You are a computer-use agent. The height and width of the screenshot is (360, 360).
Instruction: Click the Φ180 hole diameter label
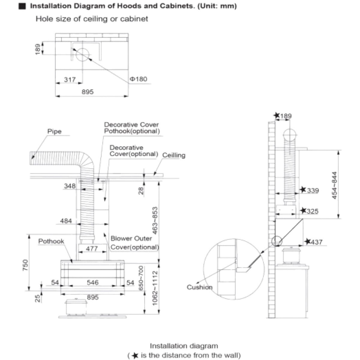138,79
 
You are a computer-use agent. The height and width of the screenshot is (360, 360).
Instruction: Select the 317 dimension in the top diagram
70,79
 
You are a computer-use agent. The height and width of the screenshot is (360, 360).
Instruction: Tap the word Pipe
54,131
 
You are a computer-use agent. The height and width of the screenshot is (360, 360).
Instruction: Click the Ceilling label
174,155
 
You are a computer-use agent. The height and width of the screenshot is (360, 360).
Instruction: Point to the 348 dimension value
70,186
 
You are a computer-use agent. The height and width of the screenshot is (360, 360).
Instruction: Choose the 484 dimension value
66,221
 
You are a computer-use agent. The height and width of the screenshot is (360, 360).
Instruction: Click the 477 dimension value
92,248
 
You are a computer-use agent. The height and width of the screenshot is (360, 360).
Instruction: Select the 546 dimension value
93,282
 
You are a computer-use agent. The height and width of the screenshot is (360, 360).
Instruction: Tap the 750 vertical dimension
25,265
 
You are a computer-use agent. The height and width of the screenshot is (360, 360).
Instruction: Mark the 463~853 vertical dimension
155,220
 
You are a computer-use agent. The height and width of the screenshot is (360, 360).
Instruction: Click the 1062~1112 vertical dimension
155,288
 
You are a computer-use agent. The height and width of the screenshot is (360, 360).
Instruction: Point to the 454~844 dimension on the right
334,185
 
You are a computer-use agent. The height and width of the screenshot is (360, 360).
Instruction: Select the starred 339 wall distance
309,190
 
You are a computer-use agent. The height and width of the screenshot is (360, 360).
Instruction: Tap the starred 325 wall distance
309,211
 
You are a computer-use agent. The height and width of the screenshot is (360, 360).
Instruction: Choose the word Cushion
199,287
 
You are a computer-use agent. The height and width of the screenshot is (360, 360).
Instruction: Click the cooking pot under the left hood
76,307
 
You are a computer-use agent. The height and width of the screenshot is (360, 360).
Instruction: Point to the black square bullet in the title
22,6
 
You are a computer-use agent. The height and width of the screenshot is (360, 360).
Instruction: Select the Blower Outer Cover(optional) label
135,243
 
